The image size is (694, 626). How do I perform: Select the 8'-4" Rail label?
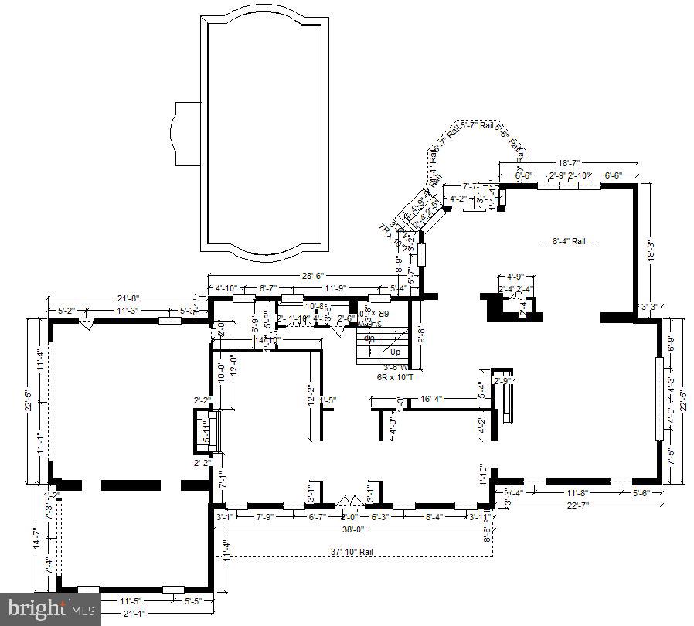[569, 241]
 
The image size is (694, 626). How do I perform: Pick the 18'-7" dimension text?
[569, 163]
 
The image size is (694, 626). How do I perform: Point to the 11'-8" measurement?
[578, 492]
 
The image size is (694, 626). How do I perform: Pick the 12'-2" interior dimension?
[310, 395]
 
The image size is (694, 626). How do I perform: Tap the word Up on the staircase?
[396, 351]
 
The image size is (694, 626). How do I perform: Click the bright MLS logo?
[49, 609]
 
